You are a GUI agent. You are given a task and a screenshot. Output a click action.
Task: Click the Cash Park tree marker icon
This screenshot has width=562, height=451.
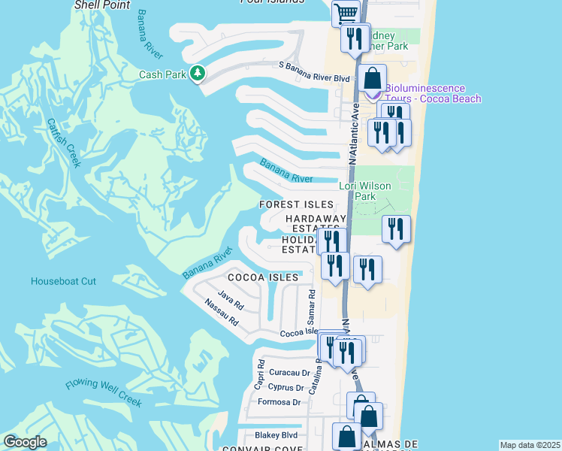[x=198, y=74]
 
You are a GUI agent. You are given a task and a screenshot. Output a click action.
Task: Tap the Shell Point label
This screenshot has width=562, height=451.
[x=103, y=5]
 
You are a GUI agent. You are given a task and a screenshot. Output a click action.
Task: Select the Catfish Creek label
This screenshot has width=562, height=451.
[x=62, y=143]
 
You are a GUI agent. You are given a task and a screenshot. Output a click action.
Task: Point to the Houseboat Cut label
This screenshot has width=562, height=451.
[x=63, y=281]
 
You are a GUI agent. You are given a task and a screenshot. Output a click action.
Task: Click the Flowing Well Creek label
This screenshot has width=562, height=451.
[x=103, y=393]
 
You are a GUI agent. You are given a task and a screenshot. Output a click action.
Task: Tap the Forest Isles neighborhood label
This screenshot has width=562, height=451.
[x=295, y=204]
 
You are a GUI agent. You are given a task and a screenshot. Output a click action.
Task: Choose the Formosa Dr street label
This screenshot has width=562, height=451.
[x=279, y=402]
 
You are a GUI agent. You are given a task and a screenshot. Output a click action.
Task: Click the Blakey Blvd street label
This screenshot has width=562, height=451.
[x=276, y=434]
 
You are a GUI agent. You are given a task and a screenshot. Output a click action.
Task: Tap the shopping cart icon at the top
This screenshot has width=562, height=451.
[x=345, y=12]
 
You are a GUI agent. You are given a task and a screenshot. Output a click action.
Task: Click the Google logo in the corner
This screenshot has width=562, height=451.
[x=25, y=442]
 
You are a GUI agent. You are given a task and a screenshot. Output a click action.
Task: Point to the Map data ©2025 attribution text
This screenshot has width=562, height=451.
[x=530, y=445]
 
